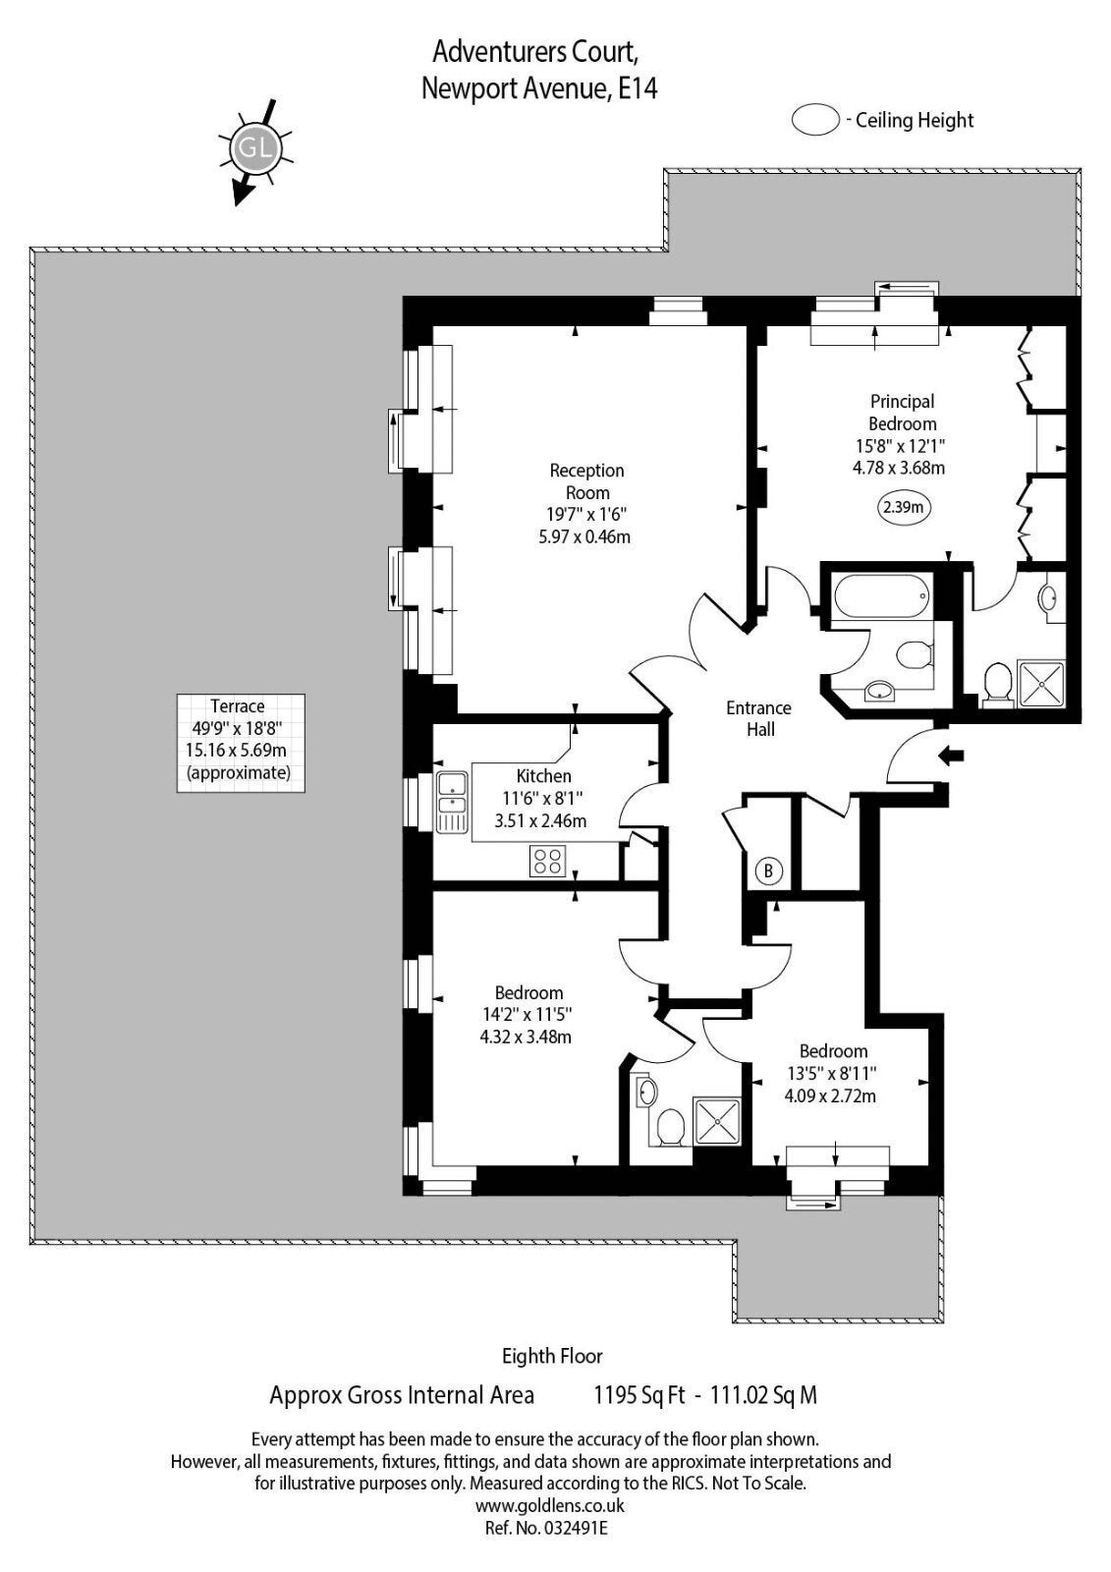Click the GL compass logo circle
[255, 148]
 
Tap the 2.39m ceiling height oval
[903, 507]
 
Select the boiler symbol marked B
[768, 870]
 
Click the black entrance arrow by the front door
[952, 756]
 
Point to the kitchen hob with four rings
[547, 861]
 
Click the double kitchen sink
[452, 802]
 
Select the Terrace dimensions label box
[241, 743]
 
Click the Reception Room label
[586, 481]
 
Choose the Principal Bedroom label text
[902, 413]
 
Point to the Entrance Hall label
[758, 718]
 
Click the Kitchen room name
[543, 776]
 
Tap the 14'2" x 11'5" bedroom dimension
[528, 1014]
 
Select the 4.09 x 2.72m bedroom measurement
[830, 1095]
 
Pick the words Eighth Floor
[552, 1356]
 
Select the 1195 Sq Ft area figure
[639, 1394]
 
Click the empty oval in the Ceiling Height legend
[814, 119]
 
